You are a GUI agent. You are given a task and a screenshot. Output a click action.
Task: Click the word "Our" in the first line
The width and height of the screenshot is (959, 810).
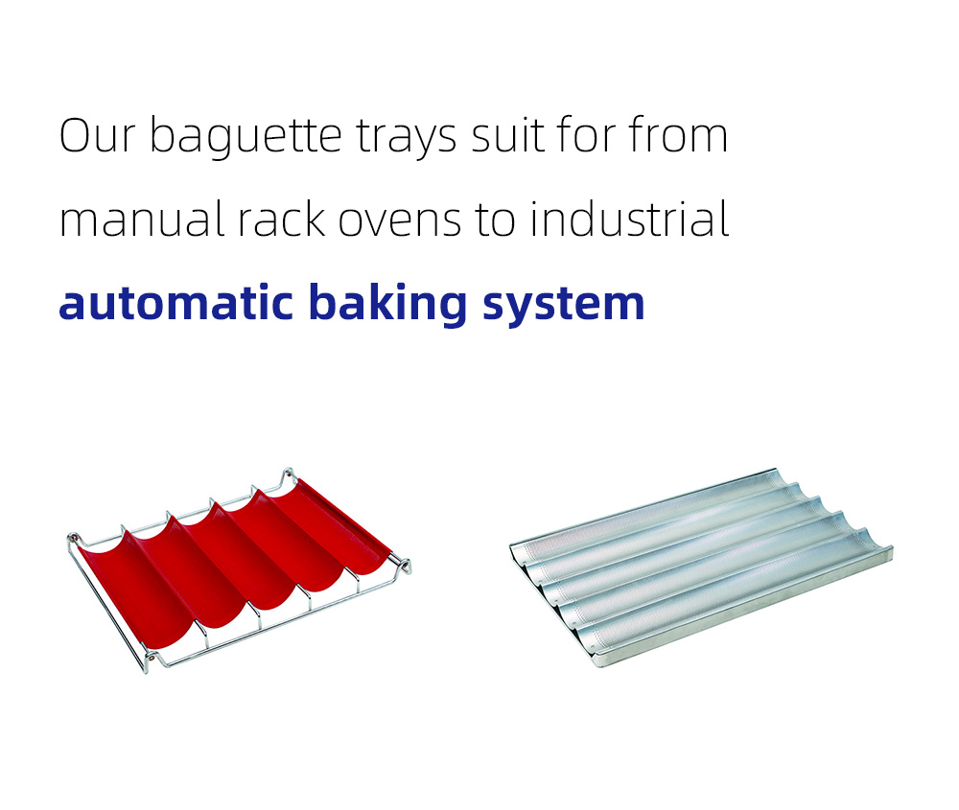pyautogui.click(x=97, y=135)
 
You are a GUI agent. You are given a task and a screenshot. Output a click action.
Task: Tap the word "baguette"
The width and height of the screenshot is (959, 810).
pyautogui.click(x=246, y=137)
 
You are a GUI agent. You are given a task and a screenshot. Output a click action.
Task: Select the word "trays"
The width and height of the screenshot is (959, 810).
pyautogui.click(x=406, y=139)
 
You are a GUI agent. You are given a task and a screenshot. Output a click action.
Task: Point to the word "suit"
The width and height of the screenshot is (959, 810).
pyautogui.click(x=507, y=134)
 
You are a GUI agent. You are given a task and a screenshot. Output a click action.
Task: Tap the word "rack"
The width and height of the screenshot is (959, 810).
pyautogui.click(x=281, y=219)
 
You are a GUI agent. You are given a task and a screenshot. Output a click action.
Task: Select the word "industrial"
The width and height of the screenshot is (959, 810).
pyautogui.click(x=629, y=219)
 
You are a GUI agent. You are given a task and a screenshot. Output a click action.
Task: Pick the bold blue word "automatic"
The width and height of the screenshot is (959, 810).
pyautogui.click(x=175, y=302)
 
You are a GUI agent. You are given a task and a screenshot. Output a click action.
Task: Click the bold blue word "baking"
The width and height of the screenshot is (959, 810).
pyautogui.click(x=387, y=304)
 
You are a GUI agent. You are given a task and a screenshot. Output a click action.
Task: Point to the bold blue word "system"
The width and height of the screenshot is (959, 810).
pyautogui.click(x=563, y=306)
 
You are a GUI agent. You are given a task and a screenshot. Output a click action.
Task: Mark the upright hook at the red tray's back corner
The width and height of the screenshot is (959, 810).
pyautogui.click(x=288, y=475)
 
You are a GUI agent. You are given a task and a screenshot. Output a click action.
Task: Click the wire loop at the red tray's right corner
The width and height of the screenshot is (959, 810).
pyautogui.click(x=404, y=566)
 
